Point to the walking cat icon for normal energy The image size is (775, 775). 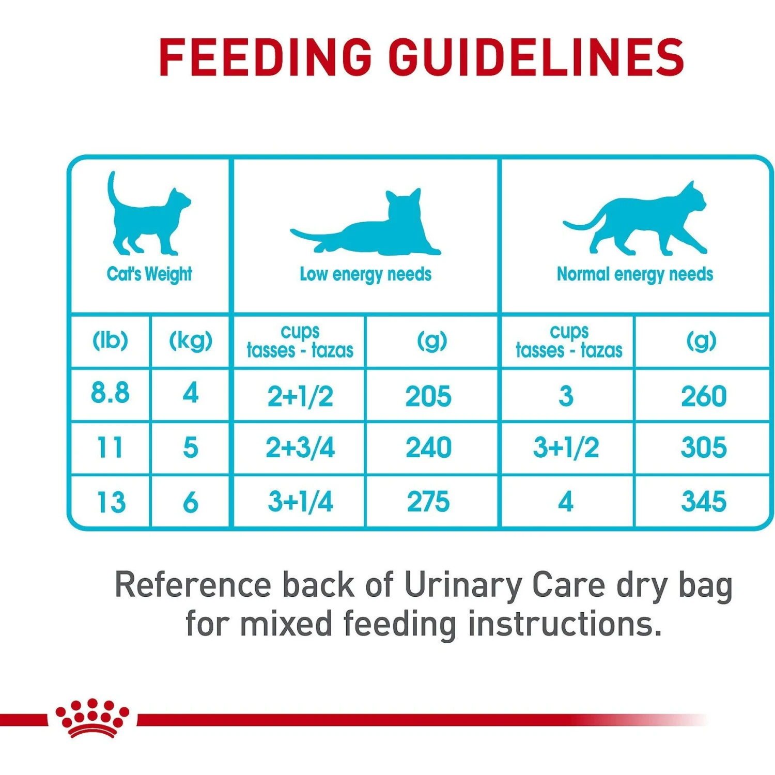[636, 220]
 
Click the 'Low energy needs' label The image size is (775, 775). [365, 274]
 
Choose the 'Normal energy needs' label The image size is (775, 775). [634, 274]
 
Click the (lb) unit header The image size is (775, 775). [110, 340]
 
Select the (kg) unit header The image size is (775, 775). [191, 340]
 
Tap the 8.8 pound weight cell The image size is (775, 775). [110, 393]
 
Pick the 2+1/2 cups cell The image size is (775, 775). [300, 396]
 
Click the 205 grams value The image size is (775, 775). [428, 396]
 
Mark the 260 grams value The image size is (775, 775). [703, 396]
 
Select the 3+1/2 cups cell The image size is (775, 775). [566, 447]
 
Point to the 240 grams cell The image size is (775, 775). [428, 447]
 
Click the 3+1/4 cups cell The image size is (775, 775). [300, 502]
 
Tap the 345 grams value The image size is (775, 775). [703, 502]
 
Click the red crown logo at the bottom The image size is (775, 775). [92, 718]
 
